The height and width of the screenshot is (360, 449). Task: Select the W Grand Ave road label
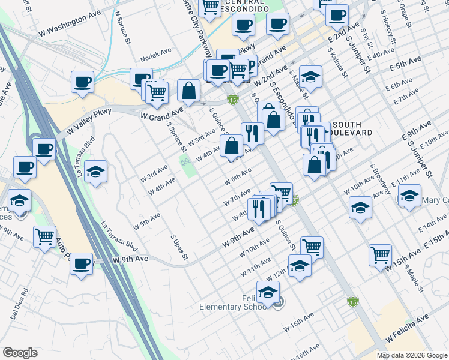[161, 113]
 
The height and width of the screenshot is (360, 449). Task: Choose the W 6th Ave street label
[237, 179]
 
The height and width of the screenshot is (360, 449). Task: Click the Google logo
[20, 353]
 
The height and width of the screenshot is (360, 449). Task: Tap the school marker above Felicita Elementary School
[268, 292]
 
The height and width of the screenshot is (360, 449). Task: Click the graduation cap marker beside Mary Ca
[409, 196]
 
